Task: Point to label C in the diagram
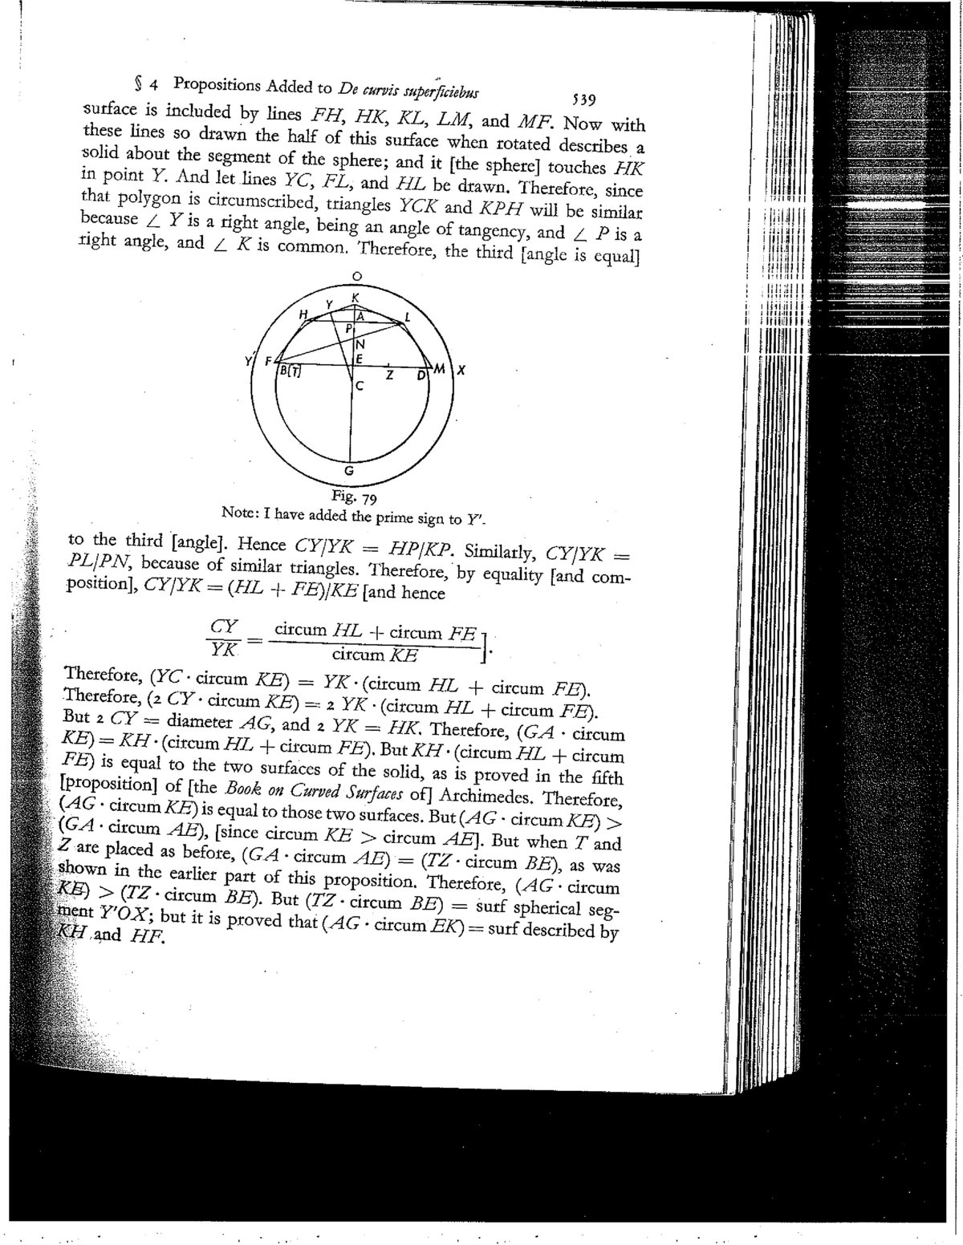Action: (x=360, y=386)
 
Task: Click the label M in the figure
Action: (x=438, y=369)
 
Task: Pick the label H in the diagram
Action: (x=303, y=315)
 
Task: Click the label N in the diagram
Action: (x=360, y=344)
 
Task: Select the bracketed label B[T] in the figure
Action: (x=288, y=371)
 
